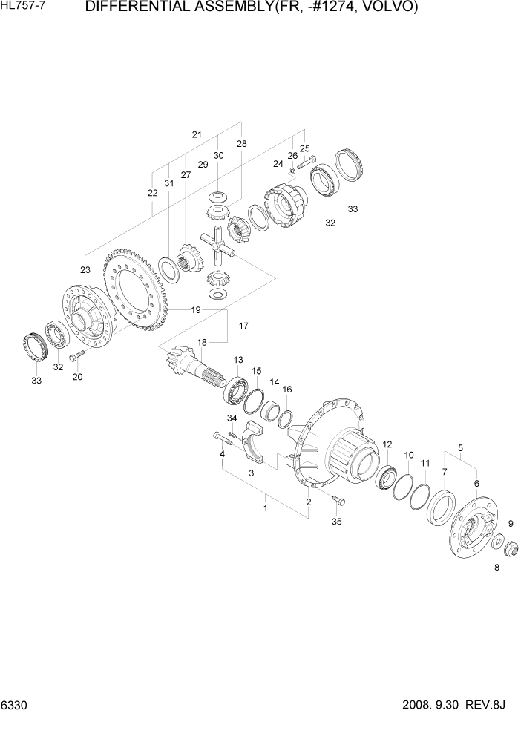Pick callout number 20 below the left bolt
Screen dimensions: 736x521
pos(77,377)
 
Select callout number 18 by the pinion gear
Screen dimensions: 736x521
pos(201,342)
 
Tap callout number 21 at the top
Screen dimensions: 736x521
pos(197,134)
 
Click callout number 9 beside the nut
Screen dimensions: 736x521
pos(510,525)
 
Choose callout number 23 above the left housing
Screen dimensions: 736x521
pos(85,269)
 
